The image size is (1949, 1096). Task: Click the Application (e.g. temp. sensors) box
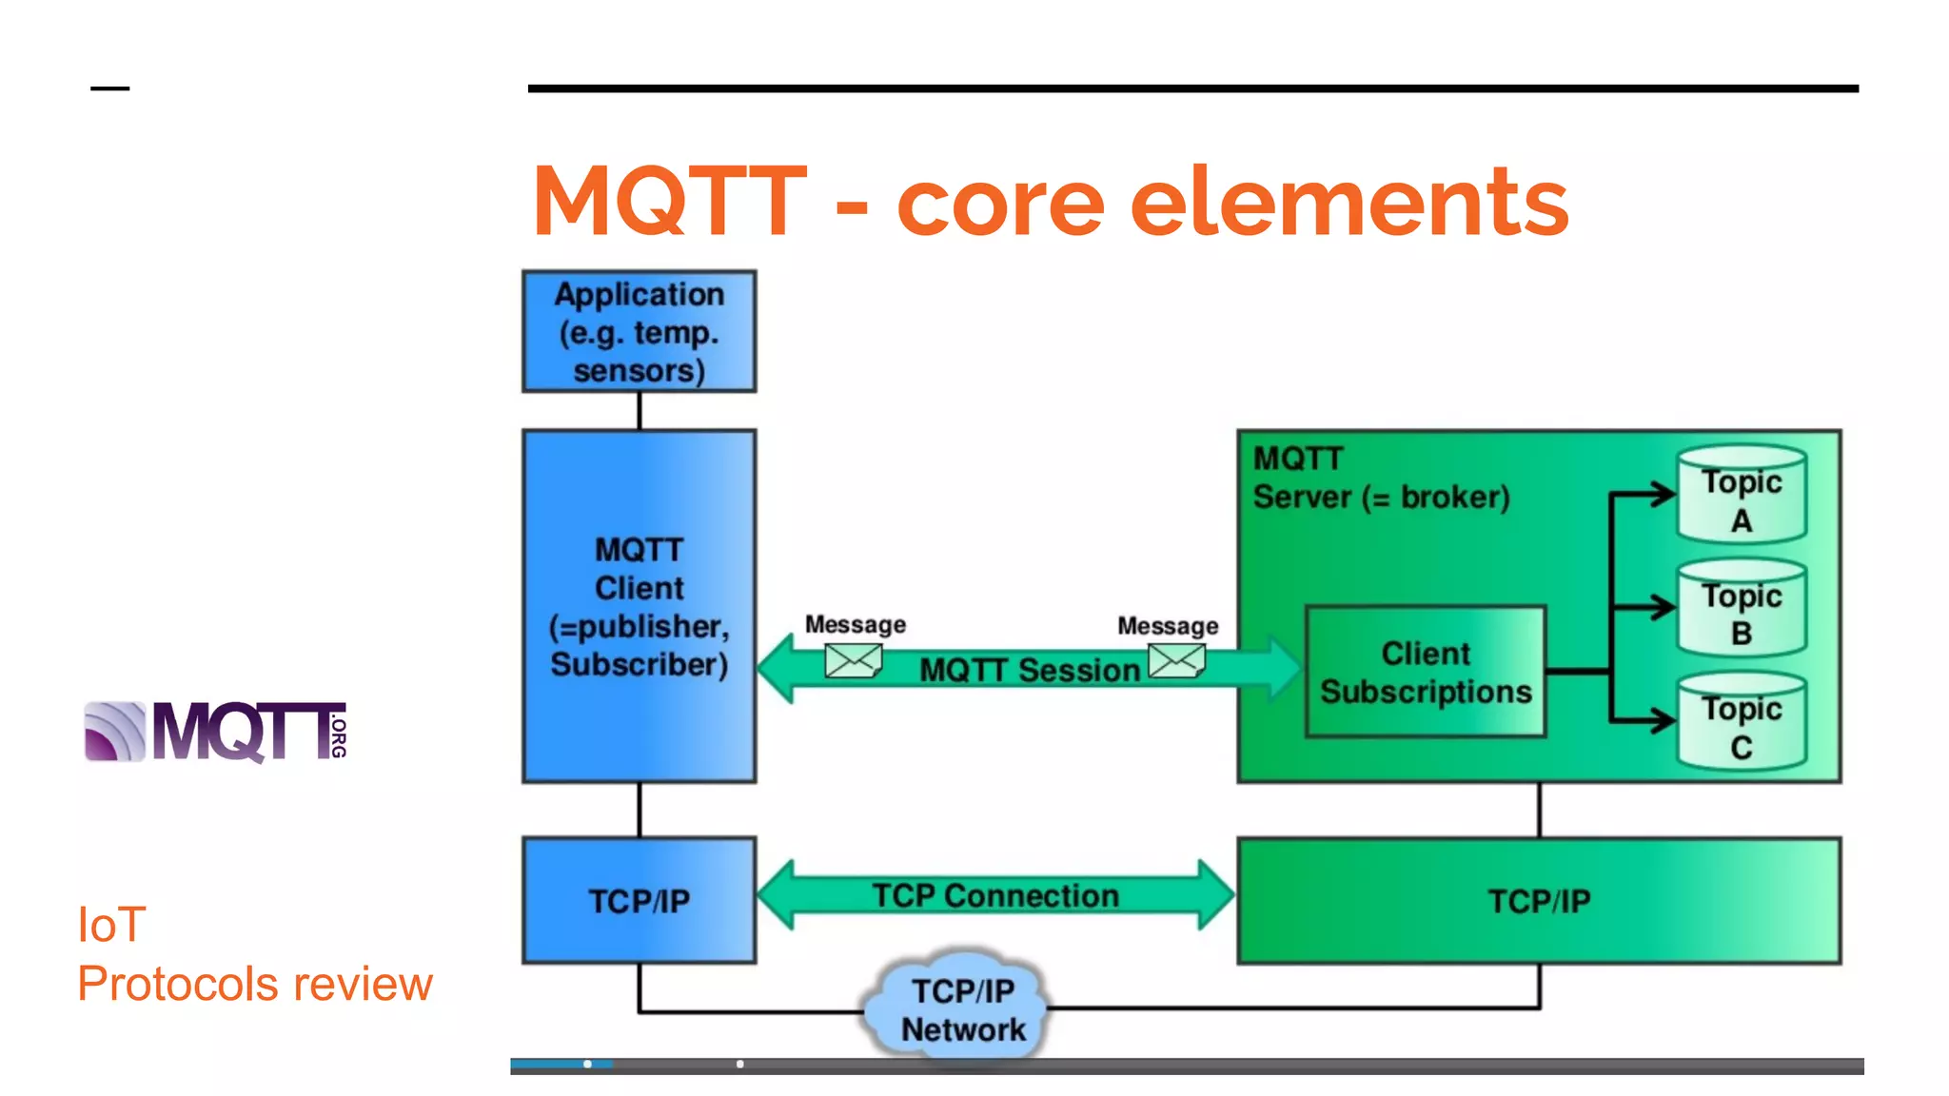pyautogui.click(x=639, y=331)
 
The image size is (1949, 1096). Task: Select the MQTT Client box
pyautogui.click(x=639, y=606)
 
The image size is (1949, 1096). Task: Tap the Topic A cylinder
pyautogui.click(x=1742, y=495)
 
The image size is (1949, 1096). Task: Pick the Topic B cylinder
pyautogui.click(x=1742, y=609)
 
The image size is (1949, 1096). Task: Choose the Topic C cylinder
pyautogui.click(x=1742, y=723)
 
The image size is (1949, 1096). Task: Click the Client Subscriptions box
pyautogui.click(x=1426, y=672)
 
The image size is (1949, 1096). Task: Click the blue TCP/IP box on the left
pyautogui.click(x=639, y=900)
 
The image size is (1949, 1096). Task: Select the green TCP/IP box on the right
pyautogui.click(x=1539, y=900)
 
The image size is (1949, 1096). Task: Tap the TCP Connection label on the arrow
pyautogui.click(x=995, y=895)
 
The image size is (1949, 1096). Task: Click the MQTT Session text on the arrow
pyautogui.click(x=1029, y=670)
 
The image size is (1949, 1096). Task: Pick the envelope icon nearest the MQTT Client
pyautogui.click(x=853, y=660)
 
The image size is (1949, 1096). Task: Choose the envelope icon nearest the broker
pyautogui.click(x=1176, y=660)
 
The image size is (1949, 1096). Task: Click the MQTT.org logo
pyautogui.click(x=216, y=732)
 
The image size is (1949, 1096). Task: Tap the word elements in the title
pyautogui.click(x=1349, y=203)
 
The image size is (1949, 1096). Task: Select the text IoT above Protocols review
pyautogui.click(x=111, y=925)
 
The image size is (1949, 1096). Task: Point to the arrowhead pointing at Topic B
pyautogui.click(x=1664, y=607)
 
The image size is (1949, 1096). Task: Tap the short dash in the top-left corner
pyautogui.click(x=109, y=88)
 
